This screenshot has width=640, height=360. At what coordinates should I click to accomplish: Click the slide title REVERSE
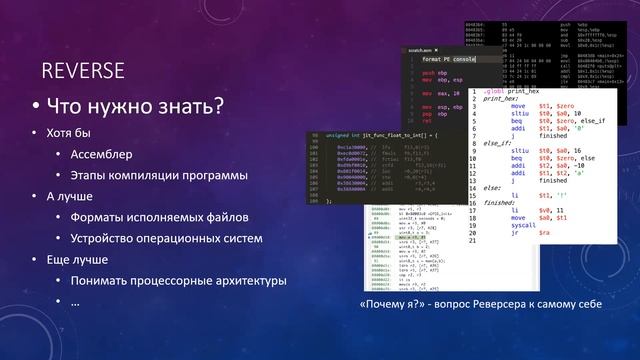click(82, 70)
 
